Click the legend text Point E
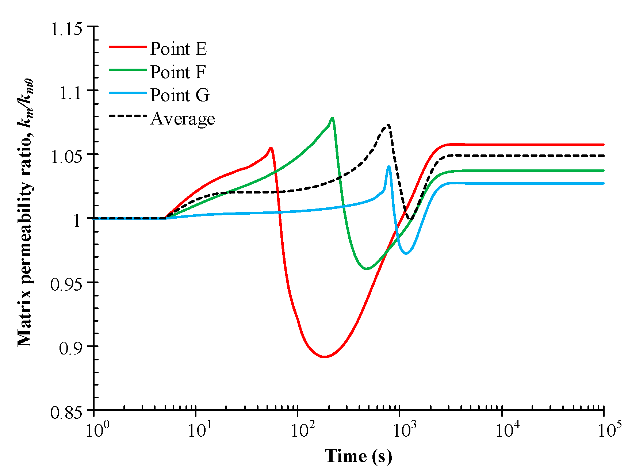(x=178, y=49)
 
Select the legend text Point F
(x=178, y=72)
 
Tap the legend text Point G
(x=180, y=95)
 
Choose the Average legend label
(x=183, y=119)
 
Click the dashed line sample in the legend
(x=128, y=116)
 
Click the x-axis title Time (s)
(x=358, y=456)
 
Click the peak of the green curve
(x=332, y=118)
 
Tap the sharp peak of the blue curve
(x=389, y=166)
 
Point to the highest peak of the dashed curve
(x=388, y=125)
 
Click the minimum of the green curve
(x=367, y=269)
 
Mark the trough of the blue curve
(x=406, y=253)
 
